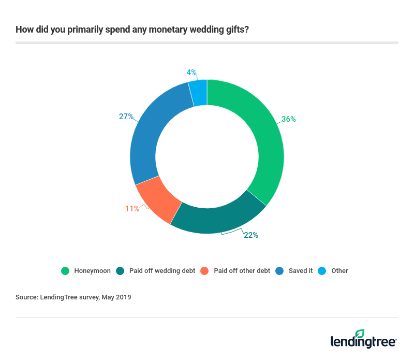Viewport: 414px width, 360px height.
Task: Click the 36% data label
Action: point(289,119)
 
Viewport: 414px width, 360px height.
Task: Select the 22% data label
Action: point(251,235)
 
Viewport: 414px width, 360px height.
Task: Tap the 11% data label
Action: point(132,209)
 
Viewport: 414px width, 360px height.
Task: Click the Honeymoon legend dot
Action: point(65,270)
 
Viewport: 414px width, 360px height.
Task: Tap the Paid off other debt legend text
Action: point(242,270)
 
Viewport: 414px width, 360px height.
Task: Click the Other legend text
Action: point(340,270)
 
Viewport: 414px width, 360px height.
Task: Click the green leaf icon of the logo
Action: point(360,334)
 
